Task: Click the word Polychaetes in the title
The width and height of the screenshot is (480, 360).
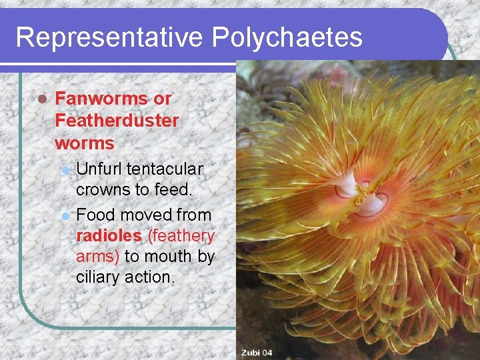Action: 288,37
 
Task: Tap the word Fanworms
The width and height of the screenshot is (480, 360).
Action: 101,99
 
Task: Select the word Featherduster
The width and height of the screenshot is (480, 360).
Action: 117,121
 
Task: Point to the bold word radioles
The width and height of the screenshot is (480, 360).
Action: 109,236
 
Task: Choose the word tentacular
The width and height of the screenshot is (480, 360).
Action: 164,169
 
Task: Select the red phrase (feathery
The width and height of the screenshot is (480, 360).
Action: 181,236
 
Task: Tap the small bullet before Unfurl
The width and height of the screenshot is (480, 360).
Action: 65,170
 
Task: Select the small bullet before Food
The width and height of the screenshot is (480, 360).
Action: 65,216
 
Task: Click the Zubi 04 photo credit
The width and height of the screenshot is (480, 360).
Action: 257,353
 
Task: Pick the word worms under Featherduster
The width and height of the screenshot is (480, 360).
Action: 85,143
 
